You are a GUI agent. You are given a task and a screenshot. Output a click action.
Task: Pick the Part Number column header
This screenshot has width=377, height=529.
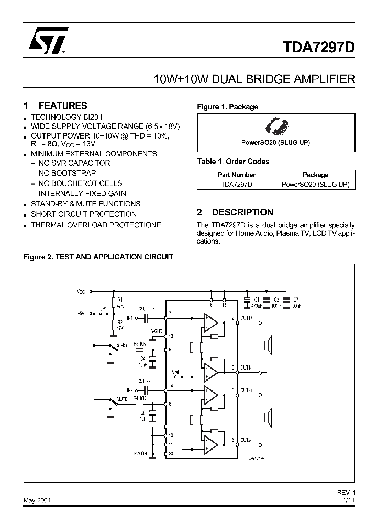237,175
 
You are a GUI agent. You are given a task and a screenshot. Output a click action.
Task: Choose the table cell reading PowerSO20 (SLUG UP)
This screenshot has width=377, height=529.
315,185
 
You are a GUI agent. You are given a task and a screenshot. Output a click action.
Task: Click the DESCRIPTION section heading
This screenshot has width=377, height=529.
242,212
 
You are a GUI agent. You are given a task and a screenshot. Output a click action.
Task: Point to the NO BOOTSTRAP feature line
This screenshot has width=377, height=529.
67,173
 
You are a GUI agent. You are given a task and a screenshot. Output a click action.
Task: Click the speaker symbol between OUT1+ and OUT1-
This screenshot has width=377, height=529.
267,345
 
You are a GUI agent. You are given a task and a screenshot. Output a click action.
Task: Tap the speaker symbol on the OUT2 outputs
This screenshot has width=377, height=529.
267,416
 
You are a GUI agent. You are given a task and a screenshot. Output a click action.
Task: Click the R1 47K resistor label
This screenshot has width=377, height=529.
120,302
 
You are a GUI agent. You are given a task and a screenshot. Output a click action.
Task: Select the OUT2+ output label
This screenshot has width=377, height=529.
246,390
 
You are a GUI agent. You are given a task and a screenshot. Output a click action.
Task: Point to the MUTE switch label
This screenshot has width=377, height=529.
122,399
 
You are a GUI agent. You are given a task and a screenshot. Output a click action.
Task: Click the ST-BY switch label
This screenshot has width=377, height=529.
122,345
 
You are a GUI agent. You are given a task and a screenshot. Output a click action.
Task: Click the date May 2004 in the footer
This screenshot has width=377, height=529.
37,500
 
